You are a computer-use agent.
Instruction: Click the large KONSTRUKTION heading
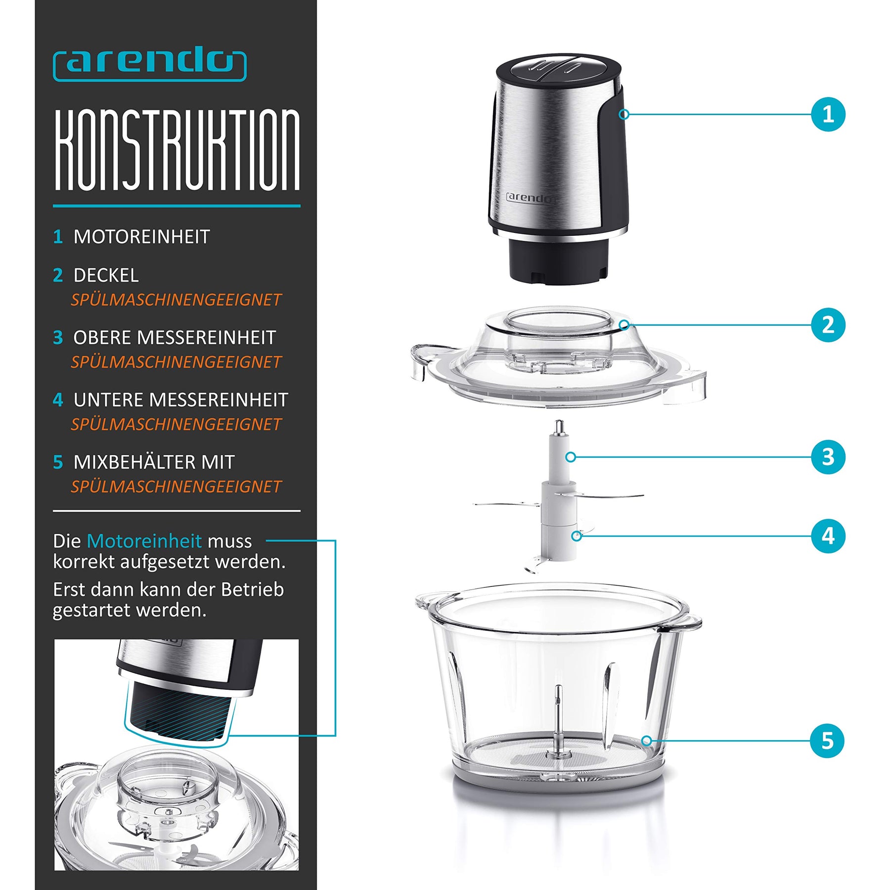point(177,150)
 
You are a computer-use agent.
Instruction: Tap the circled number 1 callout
point(828,114)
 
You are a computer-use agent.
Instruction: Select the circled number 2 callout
point(828,325)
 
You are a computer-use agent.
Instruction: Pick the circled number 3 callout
point(828,457)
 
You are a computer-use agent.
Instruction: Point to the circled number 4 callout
point(828,535)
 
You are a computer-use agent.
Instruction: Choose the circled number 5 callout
point(827,741)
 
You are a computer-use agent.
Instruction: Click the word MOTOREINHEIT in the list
point(142,237)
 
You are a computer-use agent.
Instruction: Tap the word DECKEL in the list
point(106,275)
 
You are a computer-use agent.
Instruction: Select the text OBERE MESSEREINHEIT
point(175,338)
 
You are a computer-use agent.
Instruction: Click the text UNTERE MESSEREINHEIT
point(181,400)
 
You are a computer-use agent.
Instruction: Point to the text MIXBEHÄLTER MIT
point(154,462)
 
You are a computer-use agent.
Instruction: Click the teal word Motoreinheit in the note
point(144,541)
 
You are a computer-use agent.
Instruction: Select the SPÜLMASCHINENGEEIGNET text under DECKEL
point(176,300)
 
